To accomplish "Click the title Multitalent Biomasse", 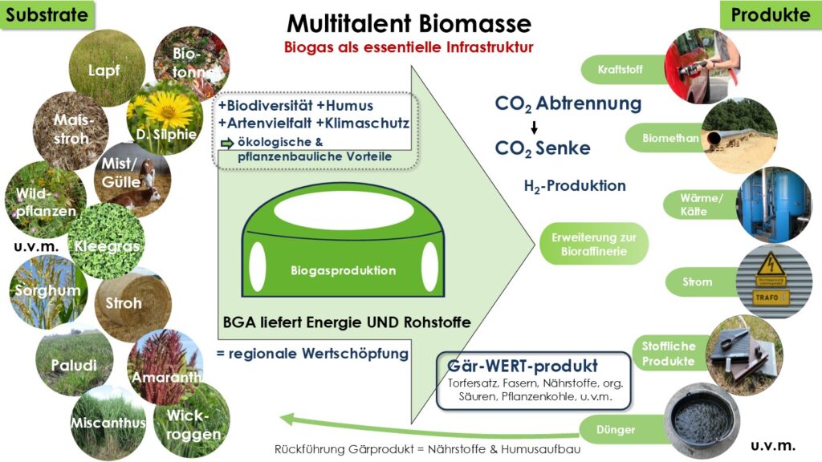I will coord(409,22).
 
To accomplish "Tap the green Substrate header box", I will coord(47,14).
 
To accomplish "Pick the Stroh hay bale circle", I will coord(125,302).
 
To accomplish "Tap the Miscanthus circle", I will coord(108,422).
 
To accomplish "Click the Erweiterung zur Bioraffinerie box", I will coord(594,245).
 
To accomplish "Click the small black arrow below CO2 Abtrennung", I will coord(534,127).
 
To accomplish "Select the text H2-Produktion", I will coord(574,186).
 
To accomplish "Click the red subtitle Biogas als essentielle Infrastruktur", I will coord(409,47).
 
